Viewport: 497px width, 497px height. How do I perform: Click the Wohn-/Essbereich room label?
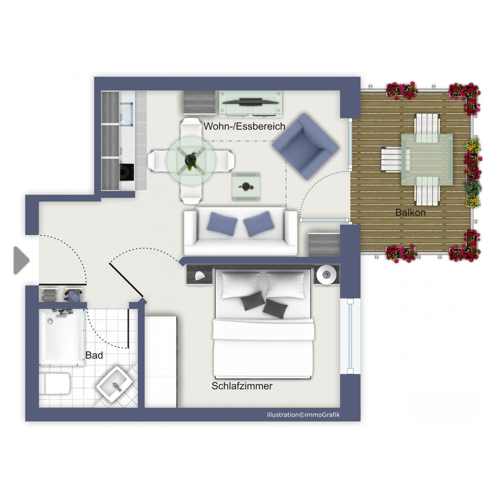244,126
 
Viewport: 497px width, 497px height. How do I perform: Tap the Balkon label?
410,212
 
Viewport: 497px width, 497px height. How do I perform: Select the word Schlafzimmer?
242,386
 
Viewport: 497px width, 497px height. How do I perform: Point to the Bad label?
94,355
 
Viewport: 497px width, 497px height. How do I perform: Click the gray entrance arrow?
21,260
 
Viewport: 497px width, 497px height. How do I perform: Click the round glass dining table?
191,161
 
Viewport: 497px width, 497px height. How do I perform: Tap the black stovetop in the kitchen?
127,172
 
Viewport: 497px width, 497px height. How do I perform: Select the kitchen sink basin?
127,114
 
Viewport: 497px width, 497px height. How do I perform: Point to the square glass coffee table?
246,186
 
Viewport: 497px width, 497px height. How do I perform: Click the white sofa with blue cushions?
240,231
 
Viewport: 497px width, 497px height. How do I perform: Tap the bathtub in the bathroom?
61,338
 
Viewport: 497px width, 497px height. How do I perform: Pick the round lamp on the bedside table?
326,275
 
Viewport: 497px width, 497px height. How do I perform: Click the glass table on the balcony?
427,159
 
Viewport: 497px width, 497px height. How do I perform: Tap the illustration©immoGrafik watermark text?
303,415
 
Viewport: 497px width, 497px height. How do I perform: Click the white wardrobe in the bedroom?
161,362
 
